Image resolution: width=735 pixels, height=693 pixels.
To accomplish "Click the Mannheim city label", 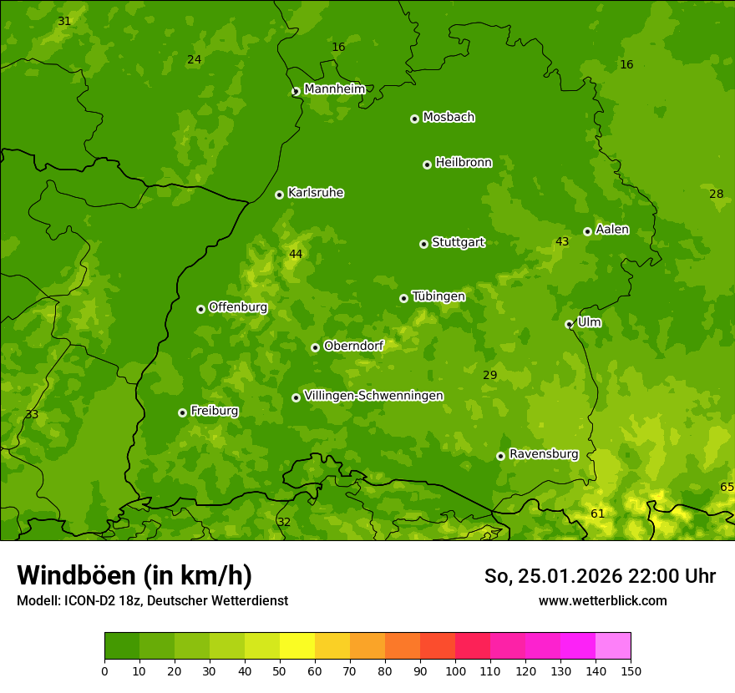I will pos(335,89).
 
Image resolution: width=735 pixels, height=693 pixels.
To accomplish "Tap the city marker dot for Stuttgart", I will pos(423,244).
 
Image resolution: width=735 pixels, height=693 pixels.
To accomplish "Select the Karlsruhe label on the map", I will pos(316,193).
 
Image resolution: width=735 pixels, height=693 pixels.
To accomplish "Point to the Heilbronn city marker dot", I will pos(427,164).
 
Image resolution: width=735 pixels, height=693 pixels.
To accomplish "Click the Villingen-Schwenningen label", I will pos(373,396).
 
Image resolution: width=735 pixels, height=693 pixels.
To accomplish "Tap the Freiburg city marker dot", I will pos(182,412).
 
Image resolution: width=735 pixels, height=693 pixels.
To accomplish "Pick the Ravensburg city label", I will pos(544,454).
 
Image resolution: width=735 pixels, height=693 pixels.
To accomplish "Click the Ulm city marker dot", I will pos(569,324).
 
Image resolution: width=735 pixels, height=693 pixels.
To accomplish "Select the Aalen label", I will pos(612,230).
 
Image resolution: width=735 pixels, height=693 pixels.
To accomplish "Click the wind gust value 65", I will pos(727,487).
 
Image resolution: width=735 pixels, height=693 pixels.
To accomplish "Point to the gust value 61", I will pos(597,513).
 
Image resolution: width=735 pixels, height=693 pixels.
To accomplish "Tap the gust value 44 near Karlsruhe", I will pos(296,254).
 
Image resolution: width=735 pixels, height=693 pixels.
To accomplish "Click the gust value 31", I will pos(64,21).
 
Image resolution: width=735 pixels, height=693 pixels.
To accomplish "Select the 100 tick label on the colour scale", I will pos(455,670).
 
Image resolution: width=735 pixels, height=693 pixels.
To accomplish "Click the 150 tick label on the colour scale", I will pos(631,670).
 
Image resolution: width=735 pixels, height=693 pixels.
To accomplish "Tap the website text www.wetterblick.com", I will pos(602,600).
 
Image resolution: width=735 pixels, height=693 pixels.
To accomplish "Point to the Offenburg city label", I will pos(238,307).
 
